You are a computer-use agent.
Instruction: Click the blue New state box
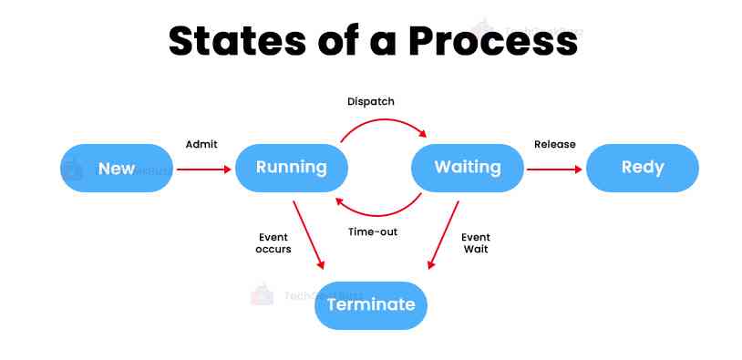tap(117, 168)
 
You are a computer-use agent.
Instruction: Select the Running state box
tap(292, 168)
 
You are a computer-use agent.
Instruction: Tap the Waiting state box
tap(468, 168)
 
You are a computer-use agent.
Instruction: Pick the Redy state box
tap(643, 168)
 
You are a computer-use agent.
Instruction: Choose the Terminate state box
tap(371, 305)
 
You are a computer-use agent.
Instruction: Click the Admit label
tap(201, 144)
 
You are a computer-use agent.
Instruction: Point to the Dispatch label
tap(370, 102)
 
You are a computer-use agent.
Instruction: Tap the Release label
tap(555, 144)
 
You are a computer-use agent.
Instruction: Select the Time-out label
tap(373, 232)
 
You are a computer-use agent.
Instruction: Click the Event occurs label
tap(273, 243)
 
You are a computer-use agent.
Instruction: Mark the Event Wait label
tap(476, 243)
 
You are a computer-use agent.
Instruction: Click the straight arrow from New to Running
tap(203, 170)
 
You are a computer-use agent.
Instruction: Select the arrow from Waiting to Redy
tap(554, 170)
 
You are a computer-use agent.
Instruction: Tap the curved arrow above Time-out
tap(378, 215)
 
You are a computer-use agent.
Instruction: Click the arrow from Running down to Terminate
tap(308, 235)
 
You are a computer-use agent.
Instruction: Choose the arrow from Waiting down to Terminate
tap(443, 235)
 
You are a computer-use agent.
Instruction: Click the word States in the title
tap(237, 41)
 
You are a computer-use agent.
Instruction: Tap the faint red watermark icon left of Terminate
tap(263, 294)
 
